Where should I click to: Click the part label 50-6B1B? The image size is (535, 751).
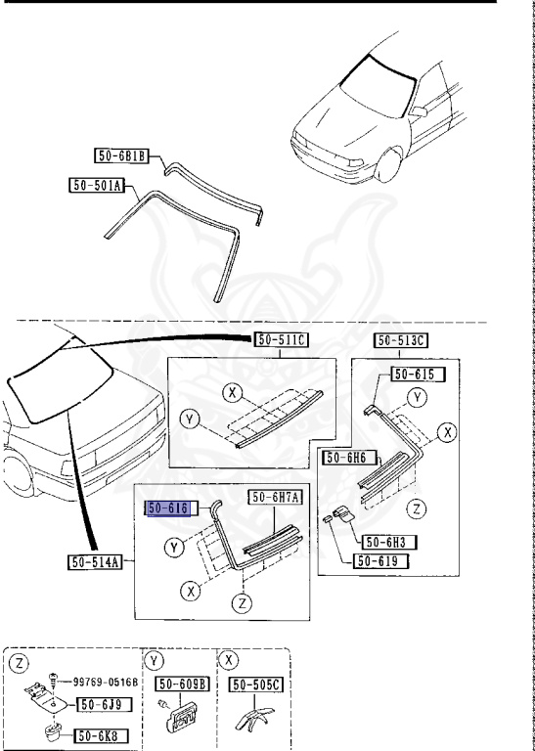pos(121,156)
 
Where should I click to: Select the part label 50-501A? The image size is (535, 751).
pos(97,186)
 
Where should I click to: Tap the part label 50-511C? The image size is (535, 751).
pos(281,340)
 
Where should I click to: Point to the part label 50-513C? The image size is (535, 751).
pos(401,340)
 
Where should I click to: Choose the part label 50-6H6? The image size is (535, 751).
pos(350,458)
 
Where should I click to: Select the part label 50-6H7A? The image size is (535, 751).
pos(274,498)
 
